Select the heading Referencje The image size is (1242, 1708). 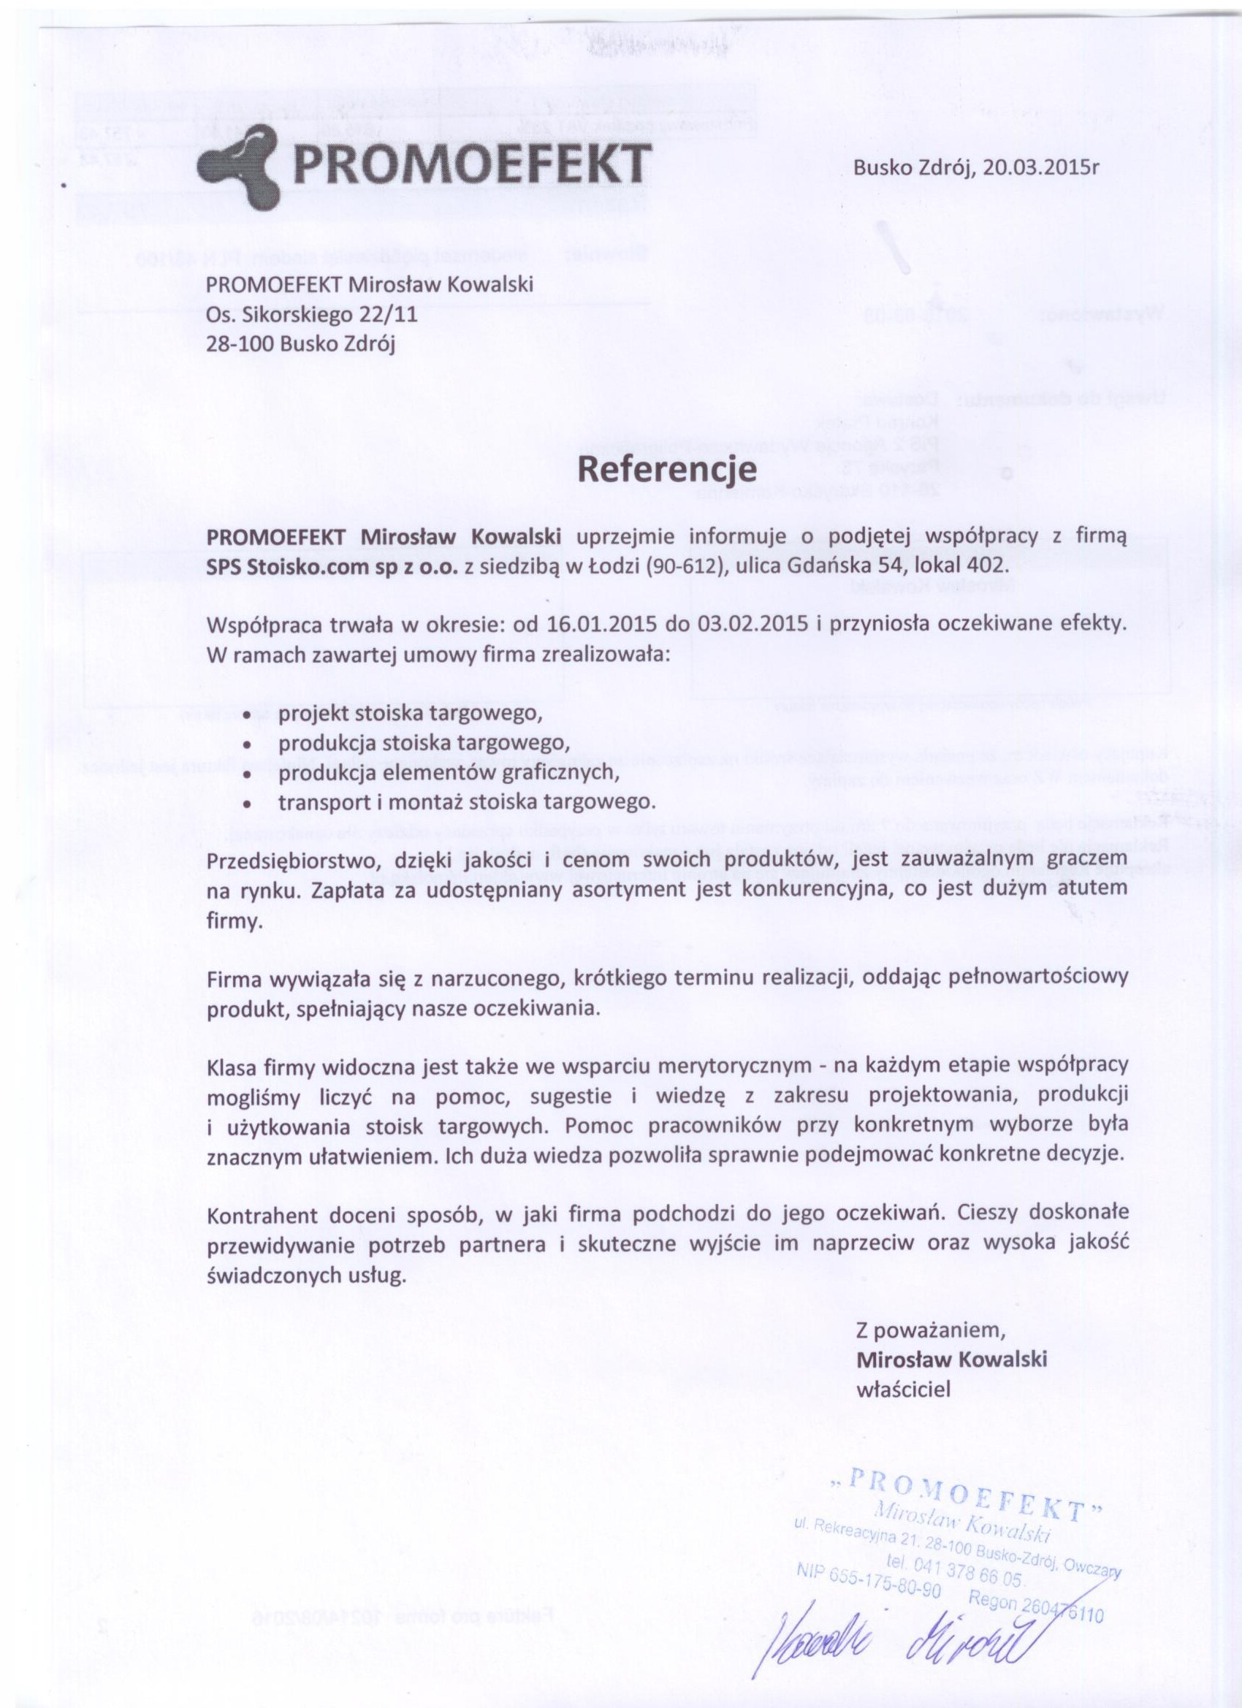[666, 470]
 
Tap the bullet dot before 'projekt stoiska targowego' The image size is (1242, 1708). [247, 713]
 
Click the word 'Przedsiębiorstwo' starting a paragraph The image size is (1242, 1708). [289, 859]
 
